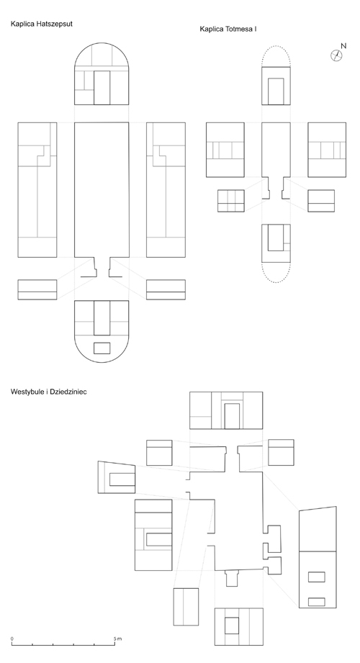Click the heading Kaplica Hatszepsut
(42, 24)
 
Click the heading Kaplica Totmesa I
(228, 30)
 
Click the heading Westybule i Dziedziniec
(49, 392)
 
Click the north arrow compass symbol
(336, 55)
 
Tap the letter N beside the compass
(343, 45)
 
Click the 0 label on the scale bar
(12, 639)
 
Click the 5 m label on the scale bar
(117, 639)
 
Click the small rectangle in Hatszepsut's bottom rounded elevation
(102, 348)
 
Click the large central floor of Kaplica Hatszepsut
(102, 190)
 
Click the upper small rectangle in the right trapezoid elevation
(316, 577)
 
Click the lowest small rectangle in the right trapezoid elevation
(316, 602)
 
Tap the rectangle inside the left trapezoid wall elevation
(122, 479)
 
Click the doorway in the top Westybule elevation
(232, 416)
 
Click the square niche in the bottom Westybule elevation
(231, 626)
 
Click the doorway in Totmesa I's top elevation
(276, 91)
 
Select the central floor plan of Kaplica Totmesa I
(276, 161)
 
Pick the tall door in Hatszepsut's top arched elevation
(102, 88)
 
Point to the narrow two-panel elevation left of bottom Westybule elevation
(186, 607)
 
